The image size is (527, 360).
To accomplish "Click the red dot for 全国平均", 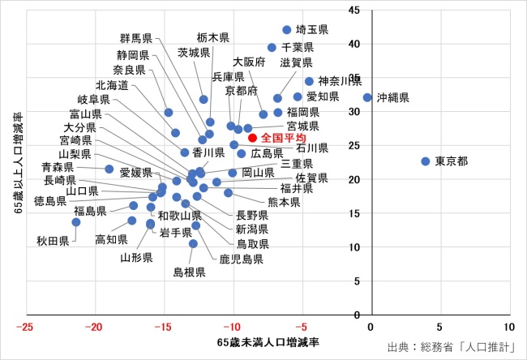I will pos(252,138).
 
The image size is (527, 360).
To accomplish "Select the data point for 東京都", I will pos(426,161).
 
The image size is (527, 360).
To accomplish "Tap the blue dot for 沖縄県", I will pos(367,97).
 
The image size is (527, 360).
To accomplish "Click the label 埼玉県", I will pos(312,30).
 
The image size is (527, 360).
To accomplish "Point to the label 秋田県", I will pos(54,241).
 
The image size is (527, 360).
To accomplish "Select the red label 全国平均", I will pos(283,139).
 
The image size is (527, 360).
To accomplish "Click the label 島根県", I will pos(189,272).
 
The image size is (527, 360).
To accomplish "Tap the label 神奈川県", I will pos(339,81).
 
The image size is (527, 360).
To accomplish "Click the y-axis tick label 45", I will pos(355,10).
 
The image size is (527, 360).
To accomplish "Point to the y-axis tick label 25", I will pos(355,145).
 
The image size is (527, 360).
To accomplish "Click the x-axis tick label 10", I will pos(508,328).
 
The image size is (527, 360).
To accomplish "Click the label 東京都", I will pos(452,161).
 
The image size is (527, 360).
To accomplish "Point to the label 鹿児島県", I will pos(241,260).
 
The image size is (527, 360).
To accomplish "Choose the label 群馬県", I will pos(136,38).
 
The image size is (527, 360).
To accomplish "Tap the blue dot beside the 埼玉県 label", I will pos(287,29).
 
